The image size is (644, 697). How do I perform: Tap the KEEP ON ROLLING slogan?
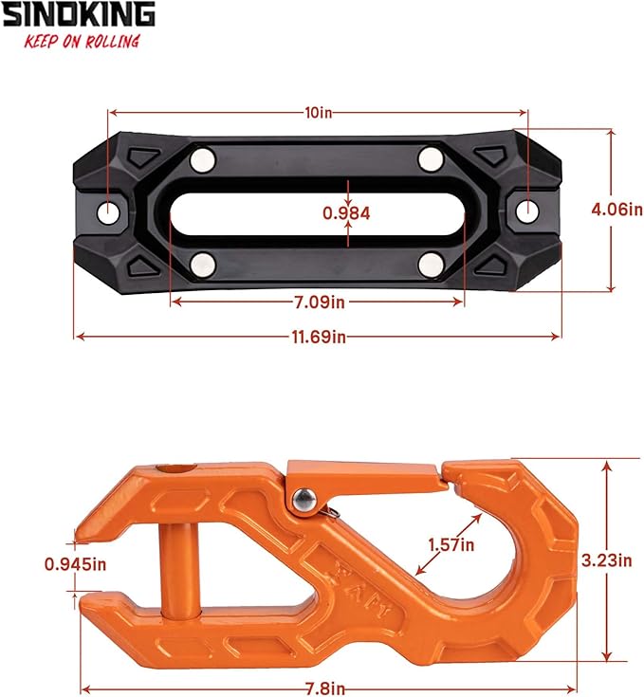[x=83, y=41]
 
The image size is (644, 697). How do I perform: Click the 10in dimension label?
[x=320, y=113]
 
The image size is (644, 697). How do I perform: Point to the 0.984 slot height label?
[x=346, y=213]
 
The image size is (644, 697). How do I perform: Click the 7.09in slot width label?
[x=318, y=303]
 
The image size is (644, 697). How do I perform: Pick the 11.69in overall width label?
[x=318, y=337]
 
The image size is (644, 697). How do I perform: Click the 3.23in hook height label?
[x=606, y=560]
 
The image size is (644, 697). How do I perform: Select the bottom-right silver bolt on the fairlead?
[x=432, y=261]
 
